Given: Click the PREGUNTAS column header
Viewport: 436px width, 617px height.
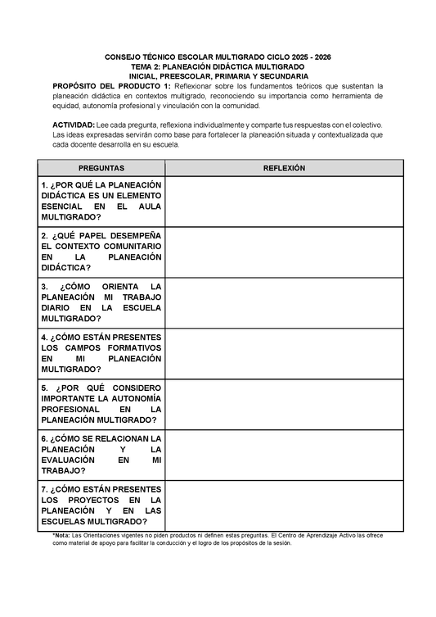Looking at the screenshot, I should point(101,167).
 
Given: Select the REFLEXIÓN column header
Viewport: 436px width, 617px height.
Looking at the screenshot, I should point(284,167).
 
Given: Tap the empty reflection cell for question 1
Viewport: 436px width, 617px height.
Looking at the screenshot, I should point(284,202).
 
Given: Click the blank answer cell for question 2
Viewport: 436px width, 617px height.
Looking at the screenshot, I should point(284,252).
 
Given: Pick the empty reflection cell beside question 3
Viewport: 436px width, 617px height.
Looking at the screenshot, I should point(284,303).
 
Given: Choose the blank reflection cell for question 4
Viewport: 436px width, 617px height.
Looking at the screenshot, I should point(284,354).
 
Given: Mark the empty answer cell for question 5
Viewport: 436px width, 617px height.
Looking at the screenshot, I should point(284,405).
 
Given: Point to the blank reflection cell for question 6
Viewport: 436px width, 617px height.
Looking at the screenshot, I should point(284,456).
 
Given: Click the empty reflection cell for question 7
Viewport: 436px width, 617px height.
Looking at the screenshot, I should point(284,506).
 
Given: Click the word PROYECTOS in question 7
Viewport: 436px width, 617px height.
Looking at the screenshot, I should point(95,500).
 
